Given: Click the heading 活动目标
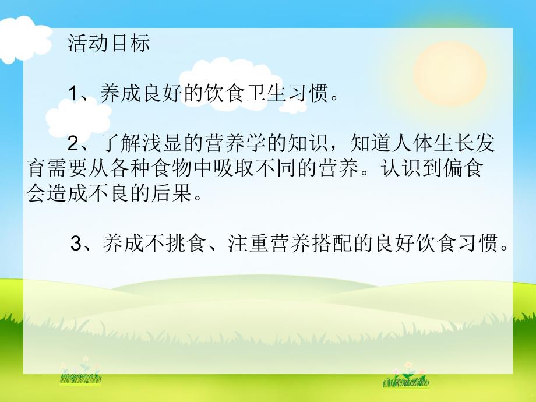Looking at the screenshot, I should click(x=109, y=44).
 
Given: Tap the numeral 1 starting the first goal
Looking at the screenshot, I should click(x=73, y=94).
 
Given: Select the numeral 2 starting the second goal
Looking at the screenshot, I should click(x=73, y=143).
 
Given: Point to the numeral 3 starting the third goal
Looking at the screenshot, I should click(x=76, y=244).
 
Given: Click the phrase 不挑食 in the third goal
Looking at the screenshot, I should click(x=168, y=244).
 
